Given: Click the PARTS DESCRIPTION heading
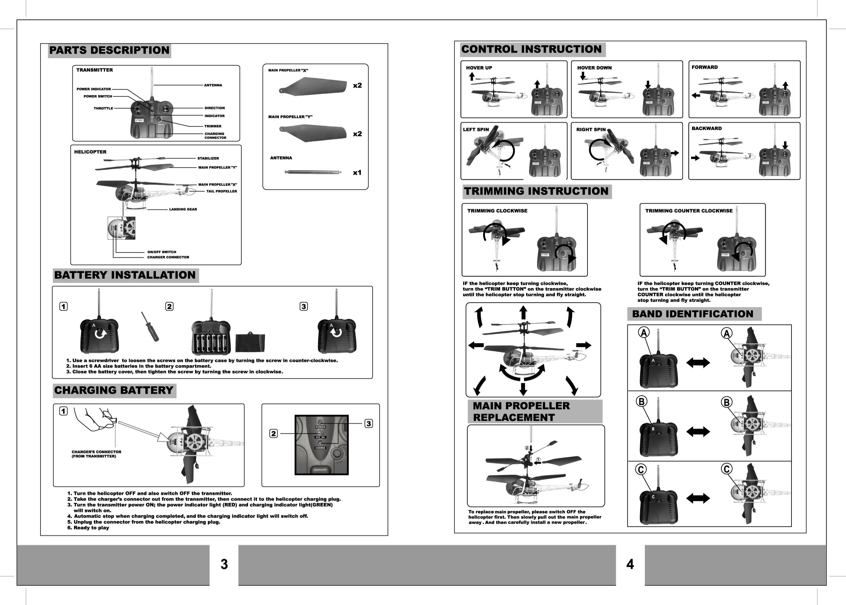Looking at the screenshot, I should click(109, 50).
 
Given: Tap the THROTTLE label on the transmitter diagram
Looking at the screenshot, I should click(103, 108).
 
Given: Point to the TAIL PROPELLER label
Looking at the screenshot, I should click(222, 191).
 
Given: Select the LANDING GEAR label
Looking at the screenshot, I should click(183, 209).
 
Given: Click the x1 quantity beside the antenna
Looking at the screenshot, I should click(357, 173).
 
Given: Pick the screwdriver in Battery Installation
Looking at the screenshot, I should click(150, 327).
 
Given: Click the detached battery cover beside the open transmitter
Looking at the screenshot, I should click(250, 343).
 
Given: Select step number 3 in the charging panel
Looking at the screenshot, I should click(368, 424).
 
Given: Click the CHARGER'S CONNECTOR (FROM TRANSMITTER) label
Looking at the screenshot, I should click(97, 454).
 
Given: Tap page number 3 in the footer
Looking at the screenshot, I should click(224, 564).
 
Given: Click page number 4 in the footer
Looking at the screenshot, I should click(630, 564).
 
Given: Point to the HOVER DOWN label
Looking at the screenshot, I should click(594, 68).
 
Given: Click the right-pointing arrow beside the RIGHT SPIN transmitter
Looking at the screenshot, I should click(674, 153).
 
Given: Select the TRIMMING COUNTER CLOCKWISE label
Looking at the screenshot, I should click(689, 211).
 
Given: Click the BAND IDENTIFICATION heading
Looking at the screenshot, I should click(693, 314).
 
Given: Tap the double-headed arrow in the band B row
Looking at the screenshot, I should click(698, 432).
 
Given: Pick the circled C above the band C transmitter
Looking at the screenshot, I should click(641, 470).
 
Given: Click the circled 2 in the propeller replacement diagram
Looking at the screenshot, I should click(527, 448).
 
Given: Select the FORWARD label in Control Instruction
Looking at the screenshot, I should click(704, 67).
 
